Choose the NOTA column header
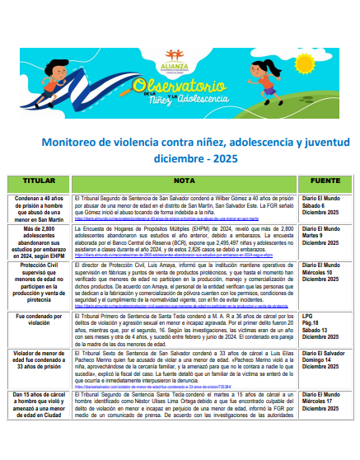pos(183,180)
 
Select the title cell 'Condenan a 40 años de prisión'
pos(38,208)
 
